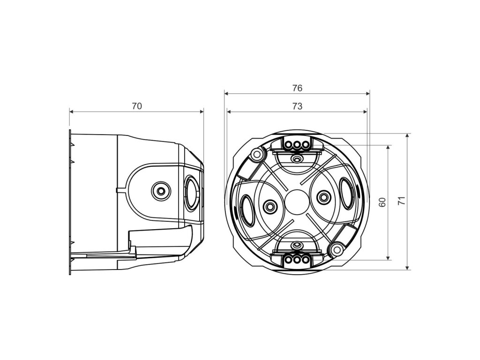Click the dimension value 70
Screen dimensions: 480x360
pyautogui.click(x=136, y=106)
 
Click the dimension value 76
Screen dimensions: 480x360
pyautogui.click(x=297, y=88)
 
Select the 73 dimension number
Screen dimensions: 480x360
pyautogui.click(x=297, y=106)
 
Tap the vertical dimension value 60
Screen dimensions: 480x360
pyautogui.click(x=382, y=202)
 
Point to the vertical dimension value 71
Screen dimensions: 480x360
pyautogui.click(x=401, y=202)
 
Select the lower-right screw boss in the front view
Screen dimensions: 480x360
pyautogui.click(x=336, y=248)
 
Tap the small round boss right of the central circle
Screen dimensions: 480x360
pyautogui.click(x=322, y=197)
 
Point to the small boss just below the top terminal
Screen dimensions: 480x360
pyautogui.click(x=296, y=158)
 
